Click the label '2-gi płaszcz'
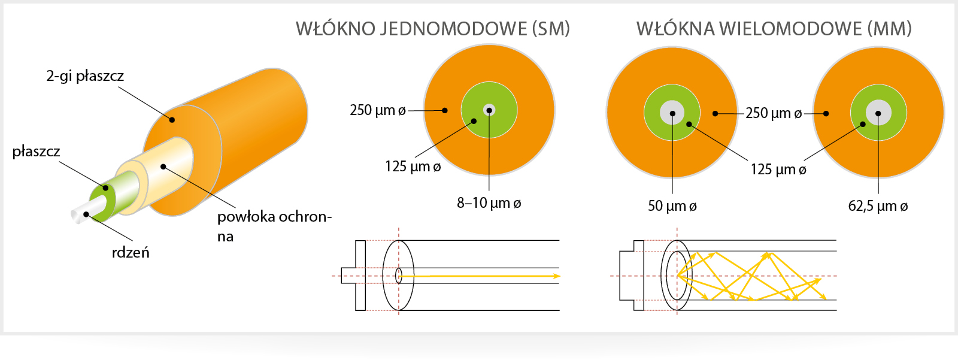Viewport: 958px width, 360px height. click(84, 76)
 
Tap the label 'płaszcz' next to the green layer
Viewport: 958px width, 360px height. click(36, 152)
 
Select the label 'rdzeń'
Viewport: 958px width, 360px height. click(131, 253)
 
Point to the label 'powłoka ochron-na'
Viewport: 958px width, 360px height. click(274, 226)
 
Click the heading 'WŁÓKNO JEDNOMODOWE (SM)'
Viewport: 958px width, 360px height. click(433, 29)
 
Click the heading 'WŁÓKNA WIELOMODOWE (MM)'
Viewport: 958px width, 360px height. click(774, 29)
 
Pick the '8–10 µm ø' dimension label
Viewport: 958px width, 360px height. click(489, 203)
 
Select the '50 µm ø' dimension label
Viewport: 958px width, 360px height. click(672, 206)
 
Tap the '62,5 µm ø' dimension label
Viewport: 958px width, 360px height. click(878, 206)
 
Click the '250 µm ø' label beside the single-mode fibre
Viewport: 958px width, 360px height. click(378, 110)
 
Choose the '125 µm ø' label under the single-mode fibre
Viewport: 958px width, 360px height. click(413, 167)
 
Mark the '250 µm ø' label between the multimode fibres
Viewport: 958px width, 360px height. click(774, 113)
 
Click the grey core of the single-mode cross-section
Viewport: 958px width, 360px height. click(489, 110)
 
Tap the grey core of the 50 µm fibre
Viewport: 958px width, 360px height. click(672, 113)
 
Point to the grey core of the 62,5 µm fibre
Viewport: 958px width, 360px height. click(878, 113)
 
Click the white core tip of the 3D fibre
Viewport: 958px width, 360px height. click(80, 216)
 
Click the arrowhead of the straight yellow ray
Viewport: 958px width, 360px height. click(556, 276)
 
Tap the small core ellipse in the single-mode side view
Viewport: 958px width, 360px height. click(399, 276)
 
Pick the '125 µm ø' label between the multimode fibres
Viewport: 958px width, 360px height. click(778, 170)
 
